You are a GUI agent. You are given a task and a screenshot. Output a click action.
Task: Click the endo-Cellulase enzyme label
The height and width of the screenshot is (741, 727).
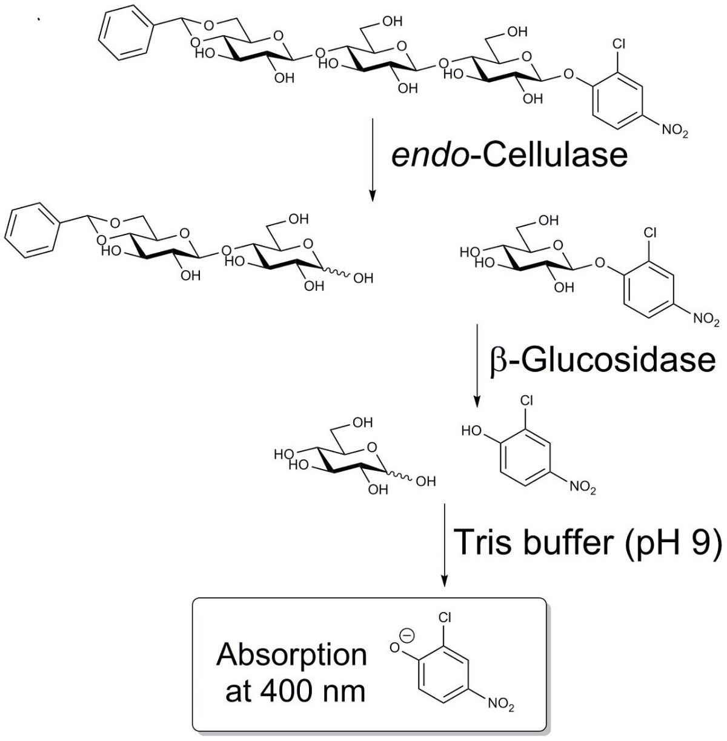click(509, 155)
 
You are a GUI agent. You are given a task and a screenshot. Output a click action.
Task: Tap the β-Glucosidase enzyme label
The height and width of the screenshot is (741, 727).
click(602, 360)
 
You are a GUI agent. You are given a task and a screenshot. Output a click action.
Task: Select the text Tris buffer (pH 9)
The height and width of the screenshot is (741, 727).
click(586, 541)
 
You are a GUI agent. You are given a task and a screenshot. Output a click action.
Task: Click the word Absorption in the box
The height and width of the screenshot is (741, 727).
click(292, 655)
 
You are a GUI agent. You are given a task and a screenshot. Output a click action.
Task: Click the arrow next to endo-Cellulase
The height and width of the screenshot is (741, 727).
click(372, 161)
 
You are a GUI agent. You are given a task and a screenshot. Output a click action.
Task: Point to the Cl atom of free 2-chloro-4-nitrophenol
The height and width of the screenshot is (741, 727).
click(526, 400)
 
